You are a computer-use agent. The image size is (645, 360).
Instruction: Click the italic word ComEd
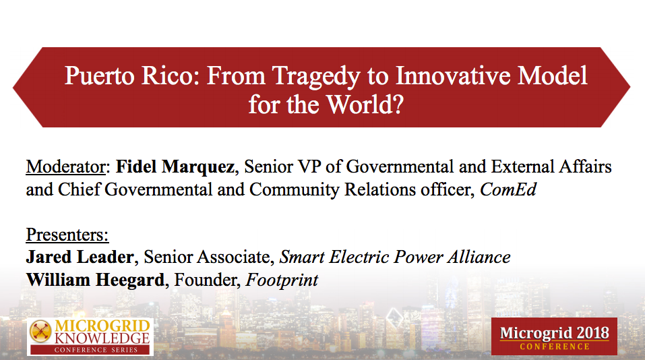pos(508,189)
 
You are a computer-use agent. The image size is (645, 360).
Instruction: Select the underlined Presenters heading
pos(67,235)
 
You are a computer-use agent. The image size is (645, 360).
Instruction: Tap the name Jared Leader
pos(80,257)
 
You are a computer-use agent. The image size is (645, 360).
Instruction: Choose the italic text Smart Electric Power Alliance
pos(395,257)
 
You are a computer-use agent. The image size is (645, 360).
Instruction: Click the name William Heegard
pos(95,280)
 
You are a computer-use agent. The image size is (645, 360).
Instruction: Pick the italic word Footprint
pos(282,280)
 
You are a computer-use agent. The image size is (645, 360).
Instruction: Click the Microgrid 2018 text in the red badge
pos(554,332)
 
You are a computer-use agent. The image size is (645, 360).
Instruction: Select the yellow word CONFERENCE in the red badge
pos(554,347)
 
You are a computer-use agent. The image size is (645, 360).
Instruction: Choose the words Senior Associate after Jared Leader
pos(208,257)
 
